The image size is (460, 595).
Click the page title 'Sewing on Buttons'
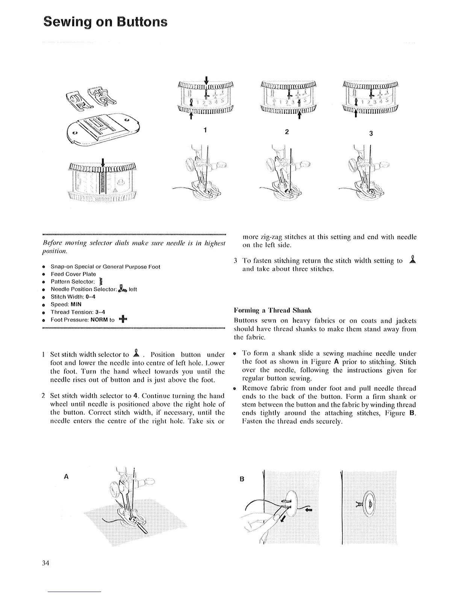pyautogui.click(x=105, y=21)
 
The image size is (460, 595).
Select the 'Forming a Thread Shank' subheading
pyautogui.click(x=272, y=310)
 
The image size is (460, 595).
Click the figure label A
pyautogui.click(x=66, y=476)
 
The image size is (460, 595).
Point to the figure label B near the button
pyautogui.click(x=242, y=479)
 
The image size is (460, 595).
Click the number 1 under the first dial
pyautogui.click(x=205, y=130)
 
